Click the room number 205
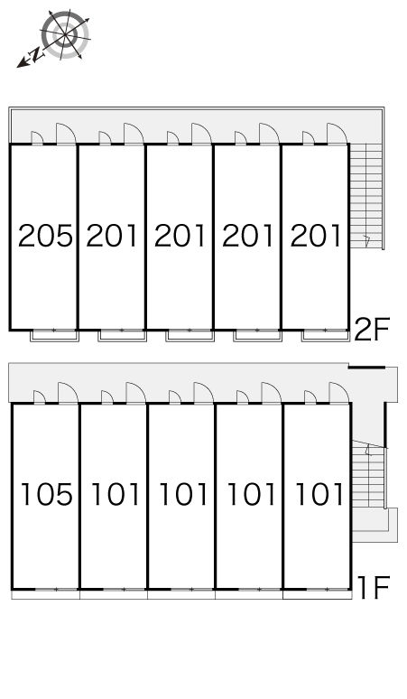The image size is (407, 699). click(x=45, y=236)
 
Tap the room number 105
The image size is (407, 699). click(x=47, y=494)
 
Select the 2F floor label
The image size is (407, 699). click(x=372, y=329)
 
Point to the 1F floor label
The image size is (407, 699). click(x=374, y=588)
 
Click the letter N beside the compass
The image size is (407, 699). click(x=35, y=55)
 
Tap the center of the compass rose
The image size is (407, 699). click(x=66, y=34)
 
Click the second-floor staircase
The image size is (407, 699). click(x=366, y=196)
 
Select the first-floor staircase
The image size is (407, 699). click(x=368, y=474)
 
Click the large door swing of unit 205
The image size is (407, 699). click(x=66, y=134)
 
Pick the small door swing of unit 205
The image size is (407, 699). click(x=36, y=138)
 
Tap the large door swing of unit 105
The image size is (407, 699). click(x=68, y=392)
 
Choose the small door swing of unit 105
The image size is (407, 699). click(x=39, y=396)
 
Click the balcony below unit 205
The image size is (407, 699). click(x=54, y=336)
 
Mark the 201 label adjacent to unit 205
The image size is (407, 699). click(x=112, y=236)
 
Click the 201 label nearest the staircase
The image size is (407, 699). click(x=316, y=236)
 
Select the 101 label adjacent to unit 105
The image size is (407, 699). click(x=116, y=494)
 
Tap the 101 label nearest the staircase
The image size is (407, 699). click(x=319, y=494)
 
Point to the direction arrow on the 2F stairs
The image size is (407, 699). click(x=367, y=241)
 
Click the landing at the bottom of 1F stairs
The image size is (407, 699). click(x=375, y=525)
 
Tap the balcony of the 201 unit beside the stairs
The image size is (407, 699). click(x=326, y=336)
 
